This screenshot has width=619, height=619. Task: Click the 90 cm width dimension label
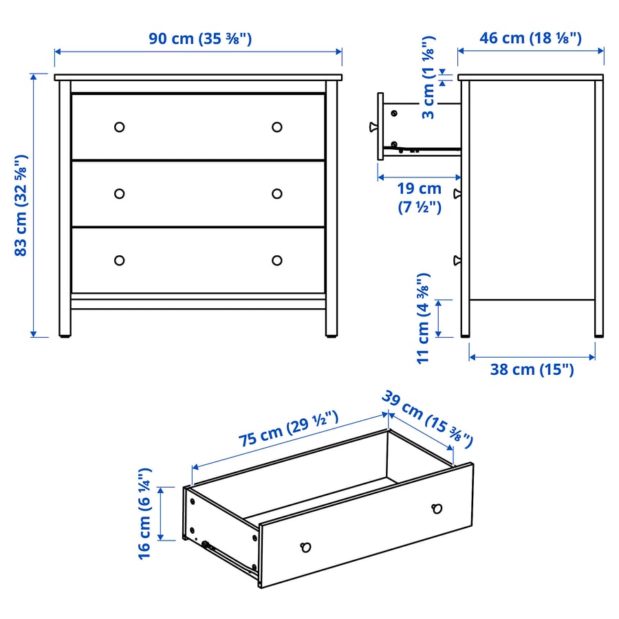tap(200, 39)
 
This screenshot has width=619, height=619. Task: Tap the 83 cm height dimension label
tap(21, 205)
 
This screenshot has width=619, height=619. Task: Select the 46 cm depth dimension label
tap(530, 38)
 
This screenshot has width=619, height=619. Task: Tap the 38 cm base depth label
tap(532, 369)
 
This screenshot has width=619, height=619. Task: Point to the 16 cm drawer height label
tap(144, 513)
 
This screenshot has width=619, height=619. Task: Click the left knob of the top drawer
tap(119, 127)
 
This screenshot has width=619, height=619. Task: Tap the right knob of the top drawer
tap(277, 127)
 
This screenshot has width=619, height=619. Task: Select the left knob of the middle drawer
tap(119, 193)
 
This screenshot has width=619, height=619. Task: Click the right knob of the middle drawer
tap(277, 193)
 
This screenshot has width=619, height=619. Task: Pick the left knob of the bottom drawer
tap(119, 260)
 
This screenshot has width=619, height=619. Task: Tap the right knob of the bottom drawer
tap(277, 260)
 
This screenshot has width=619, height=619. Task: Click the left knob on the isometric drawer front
tap(306, 547)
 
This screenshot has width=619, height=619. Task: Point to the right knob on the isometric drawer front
tap(436, 508)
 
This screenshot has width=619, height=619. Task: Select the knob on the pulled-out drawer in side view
tap(373, 127)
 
